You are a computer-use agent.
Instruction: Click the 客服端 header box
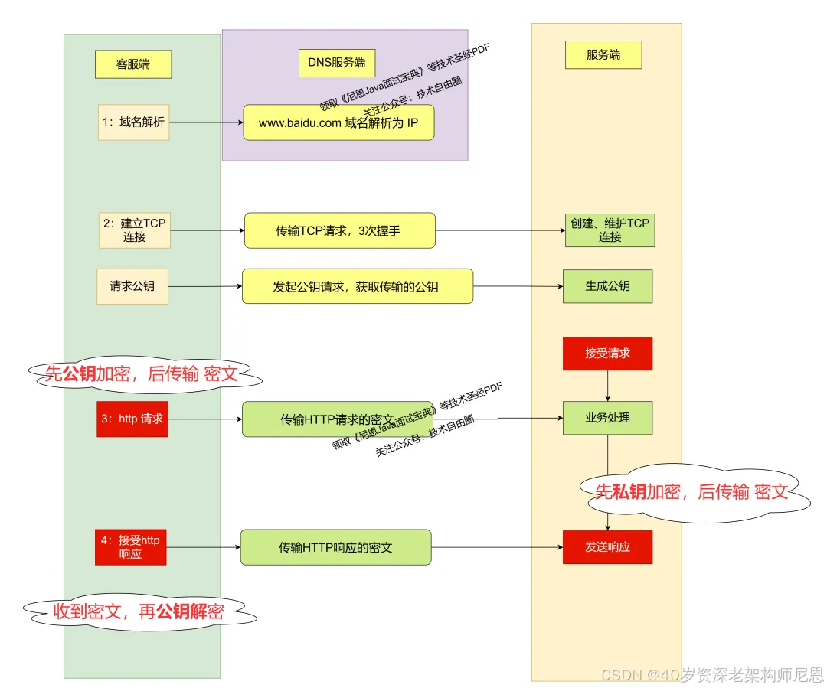[133, 64]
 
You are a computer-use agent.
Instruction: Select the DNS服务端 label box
[336, 63]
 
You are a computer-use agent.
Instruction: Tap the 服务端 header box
[603, 55]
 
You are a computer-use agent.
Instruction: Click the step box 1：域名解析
[133, 122]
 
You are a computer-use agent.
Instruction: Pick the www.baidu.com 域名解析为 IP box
[338, 122]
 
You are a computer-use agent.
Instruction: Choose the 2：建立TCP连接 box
[134, 230]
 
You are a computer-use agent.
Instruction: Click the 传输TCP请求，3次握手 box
[339, 230]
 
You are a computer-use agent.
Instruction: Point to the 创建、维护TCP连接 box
[610, 230]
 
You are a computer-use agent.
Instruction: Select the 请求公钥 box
[132, 286]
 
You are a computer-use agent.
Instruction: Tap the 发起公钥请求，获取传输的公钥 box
[357, 286]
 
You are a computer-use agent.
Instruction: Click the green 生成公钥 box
[607, 286]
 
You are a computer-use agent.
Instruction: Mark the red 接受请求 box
[607, 354]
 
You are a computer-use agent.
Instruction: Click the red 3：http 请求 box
[132, 419]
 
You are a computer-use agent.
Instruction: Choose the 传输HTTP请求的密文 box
[337, 419]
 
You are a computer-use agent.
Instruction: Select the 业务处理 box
[607, 418]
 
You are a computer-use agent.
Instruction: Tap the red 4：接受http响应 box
[130, 546]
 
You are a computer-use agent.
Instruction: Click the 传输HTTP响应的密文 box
[335, 547]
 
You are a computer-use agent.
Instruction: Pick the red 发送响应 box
[607, 547]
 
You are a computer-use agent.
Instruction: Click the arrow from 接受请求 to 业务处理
[608, 386]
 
